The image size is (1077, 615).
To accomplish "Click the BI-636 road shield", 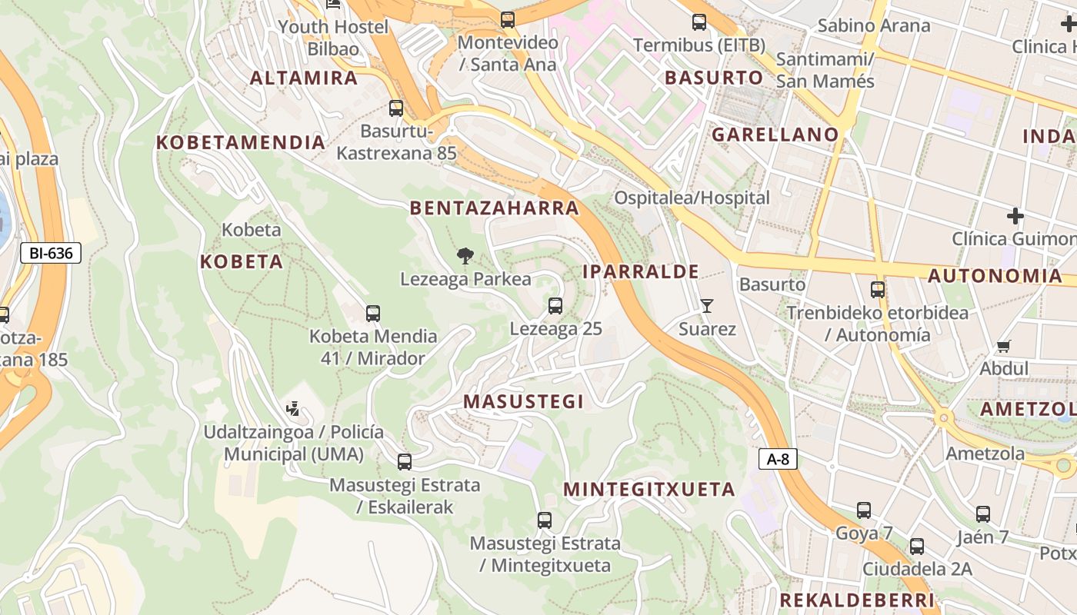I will (x=51, y=252).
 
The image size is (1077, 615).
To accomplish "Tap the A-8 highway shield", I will (x=778, y=460).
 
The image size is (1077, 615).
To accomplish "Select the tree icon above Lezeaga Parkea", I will (x=465, y=255).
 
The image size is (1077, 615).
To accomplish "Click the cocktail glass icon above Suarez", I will (x=707, y=306).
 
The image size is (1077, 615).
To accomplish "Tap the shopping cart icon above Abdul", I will (x=1003, y=346).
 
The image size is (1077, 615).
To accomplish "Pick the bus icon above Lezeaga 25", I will (x=555, y=306).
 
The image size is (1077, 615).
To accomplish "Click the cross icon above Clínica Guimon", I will (x=1015, y=216).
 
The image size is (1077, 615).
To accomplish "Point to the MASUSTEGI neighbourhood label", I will (x=523, y=401).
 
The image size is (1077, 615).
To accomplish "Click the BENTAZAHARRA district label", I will (x=495, y=208).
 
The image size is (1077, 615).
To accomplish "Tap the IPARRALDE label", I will (x=641, y=271).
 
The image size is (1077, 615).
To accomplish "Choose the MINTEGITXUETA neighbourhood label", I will (x=649, y=490).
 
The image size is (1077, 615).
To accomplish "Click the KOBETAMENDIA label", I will (x=241, y=142).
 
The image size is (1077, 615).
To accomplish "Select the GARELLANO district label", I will (x=775, y=135).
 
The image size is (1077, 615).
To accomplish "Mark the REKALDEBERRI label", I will (x=857, y=600).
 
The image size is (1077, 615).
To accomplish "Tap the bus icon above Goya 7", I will (x=864, y=510).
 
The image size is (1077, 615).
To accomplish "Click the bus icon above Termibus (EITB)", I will (x=699, y=22).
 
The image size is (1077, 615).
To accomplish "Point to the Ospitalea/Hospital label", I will (x=692, y=198).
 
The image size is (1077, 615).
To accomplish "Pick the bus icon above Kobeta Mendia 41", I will (x=373, y=314).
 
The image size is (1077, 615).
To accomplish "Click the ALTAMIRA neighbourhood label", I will (x=304, y=78).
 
